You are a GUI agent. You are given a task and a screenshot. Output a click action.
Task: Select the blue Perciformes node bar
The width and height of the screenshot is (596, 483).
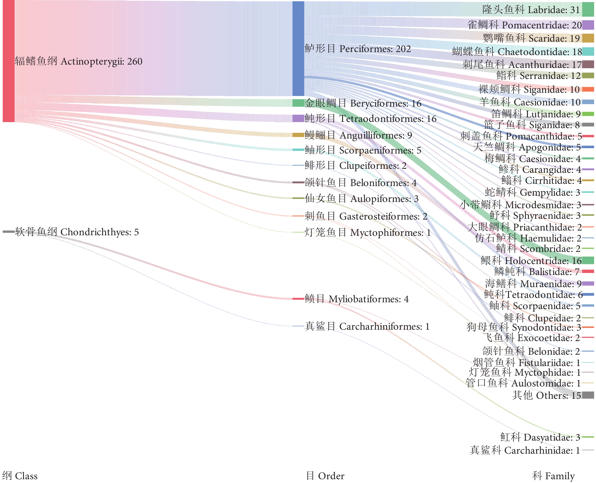click(298, 49)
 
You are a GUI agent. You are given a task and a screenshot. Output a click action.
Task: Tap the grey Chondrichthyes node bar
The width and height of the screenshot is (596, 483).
click(8, 231)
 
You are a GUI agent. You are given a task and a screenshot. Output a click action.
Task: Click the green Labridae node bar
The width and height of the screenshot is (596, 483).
click(588, 9)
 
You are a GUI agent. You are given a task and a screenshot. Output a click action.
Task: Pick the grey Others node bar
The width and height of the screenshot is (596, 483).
click(588, 395)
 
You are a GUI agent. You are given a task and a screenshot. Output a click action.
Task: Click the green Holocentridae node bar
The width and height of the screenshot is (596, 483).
click(588, 260)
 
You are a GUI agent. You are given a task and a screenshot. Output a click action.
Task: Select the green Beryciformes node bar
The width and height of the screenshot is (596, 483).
click(298, 103)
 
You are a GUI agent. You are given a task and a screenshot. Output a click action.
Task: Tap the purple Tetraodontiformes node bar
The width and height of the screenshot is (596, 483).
click(298, 118)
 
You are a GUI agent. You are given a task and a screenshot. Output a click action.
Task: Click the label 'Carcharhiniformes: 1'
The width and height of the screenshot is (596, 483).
click(367, 326)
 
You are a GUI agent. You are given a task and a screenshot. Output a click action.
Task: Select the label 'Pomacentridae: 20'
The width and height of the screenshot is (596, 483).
click(524, 25)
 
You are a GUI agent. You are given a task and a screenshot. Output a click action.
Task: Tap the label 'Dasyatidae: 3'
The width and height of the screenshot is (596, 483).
click(540, 437)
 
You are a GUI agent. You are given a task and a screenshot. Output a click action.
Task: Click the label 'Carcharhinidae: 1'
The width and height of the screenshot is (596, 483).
click(524, 450)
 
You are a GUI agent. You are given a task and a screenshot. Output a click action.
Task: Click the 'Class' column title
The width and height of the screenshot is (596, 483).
click(20, 476)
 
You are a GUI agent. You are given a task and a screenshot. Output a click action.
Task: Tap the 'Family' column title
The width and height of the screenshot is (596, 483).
click(553, 476)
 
